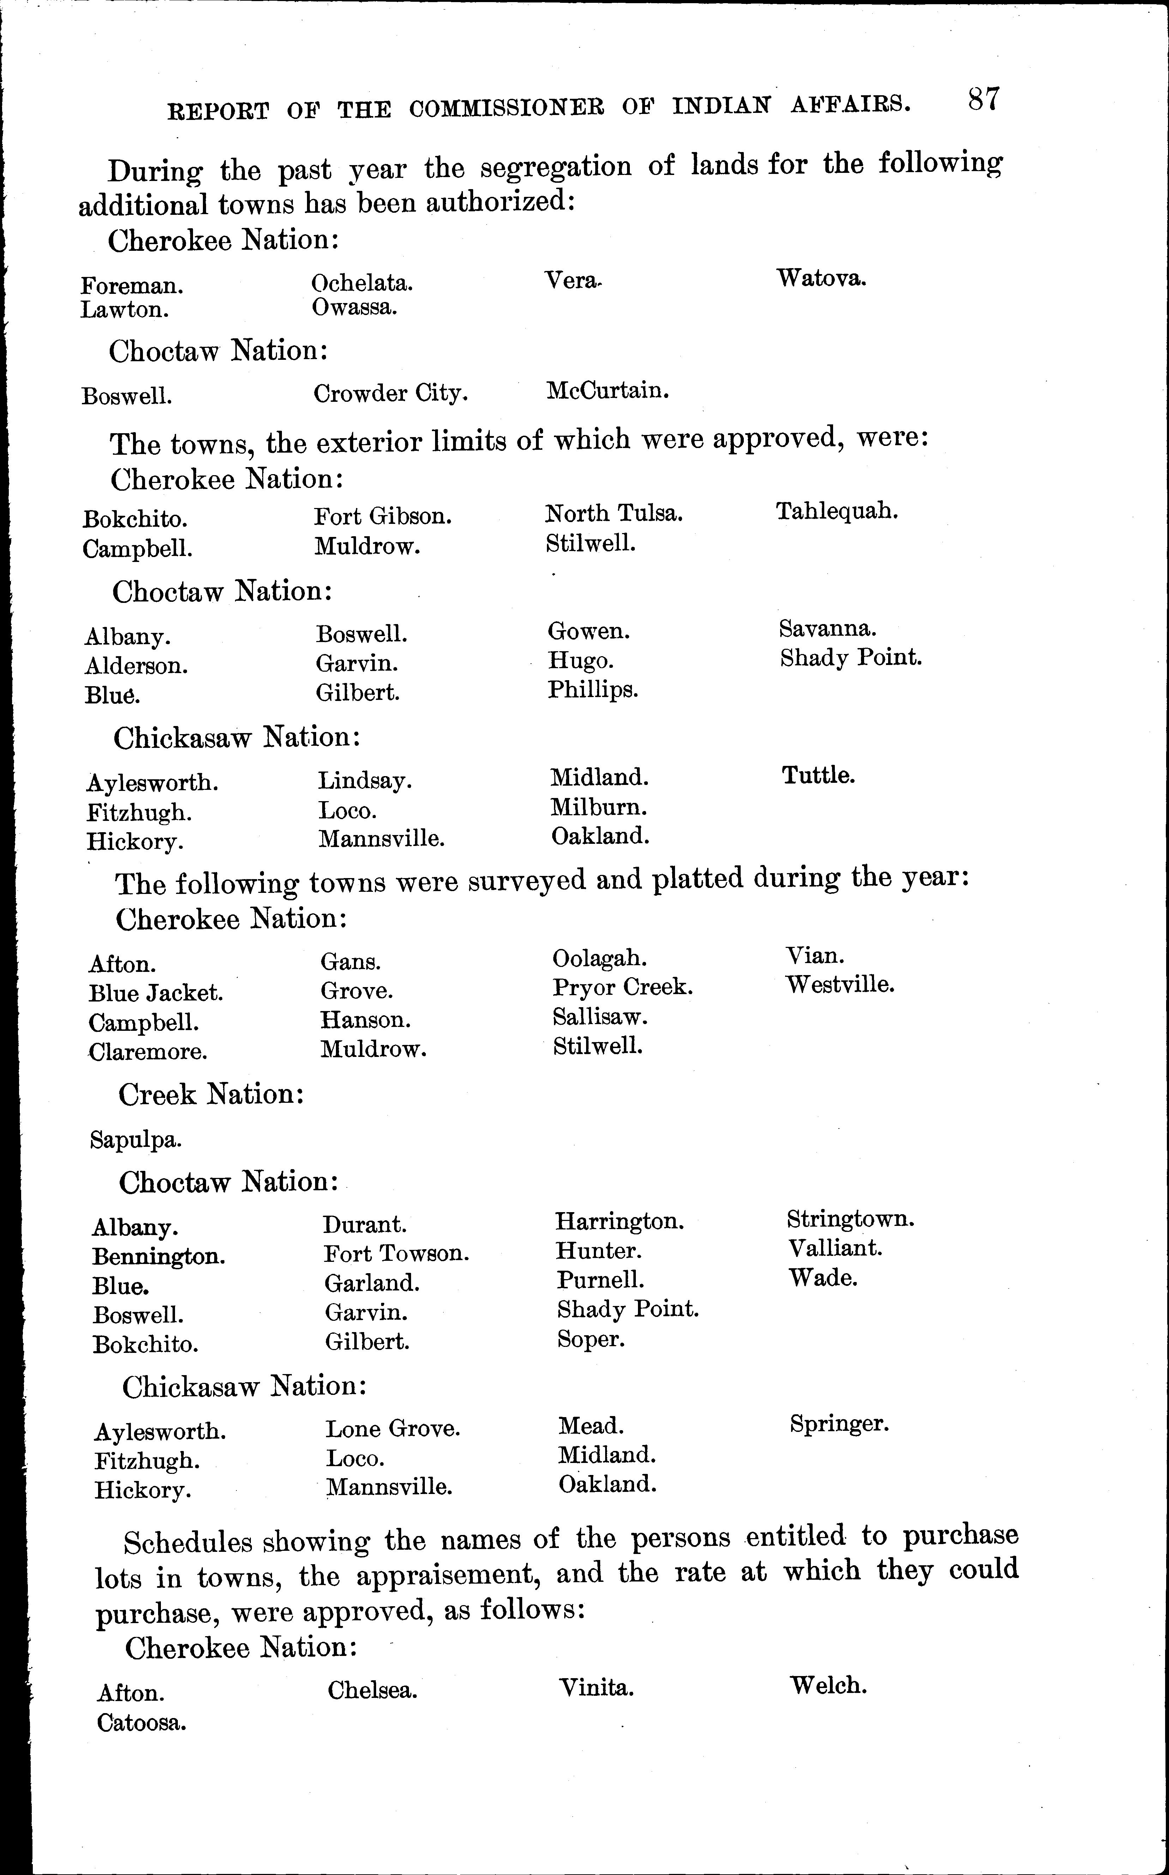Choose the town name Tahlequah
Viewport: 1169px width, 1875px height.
pyautogui.click(x=837, y=511)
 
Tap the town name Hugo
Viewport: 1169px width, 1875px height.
pyautogui.click(x=581, y=661)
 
